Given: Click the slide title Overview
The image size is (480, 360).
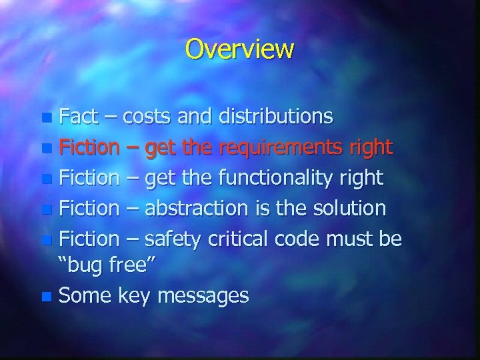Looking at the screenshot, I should (239, 49).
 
